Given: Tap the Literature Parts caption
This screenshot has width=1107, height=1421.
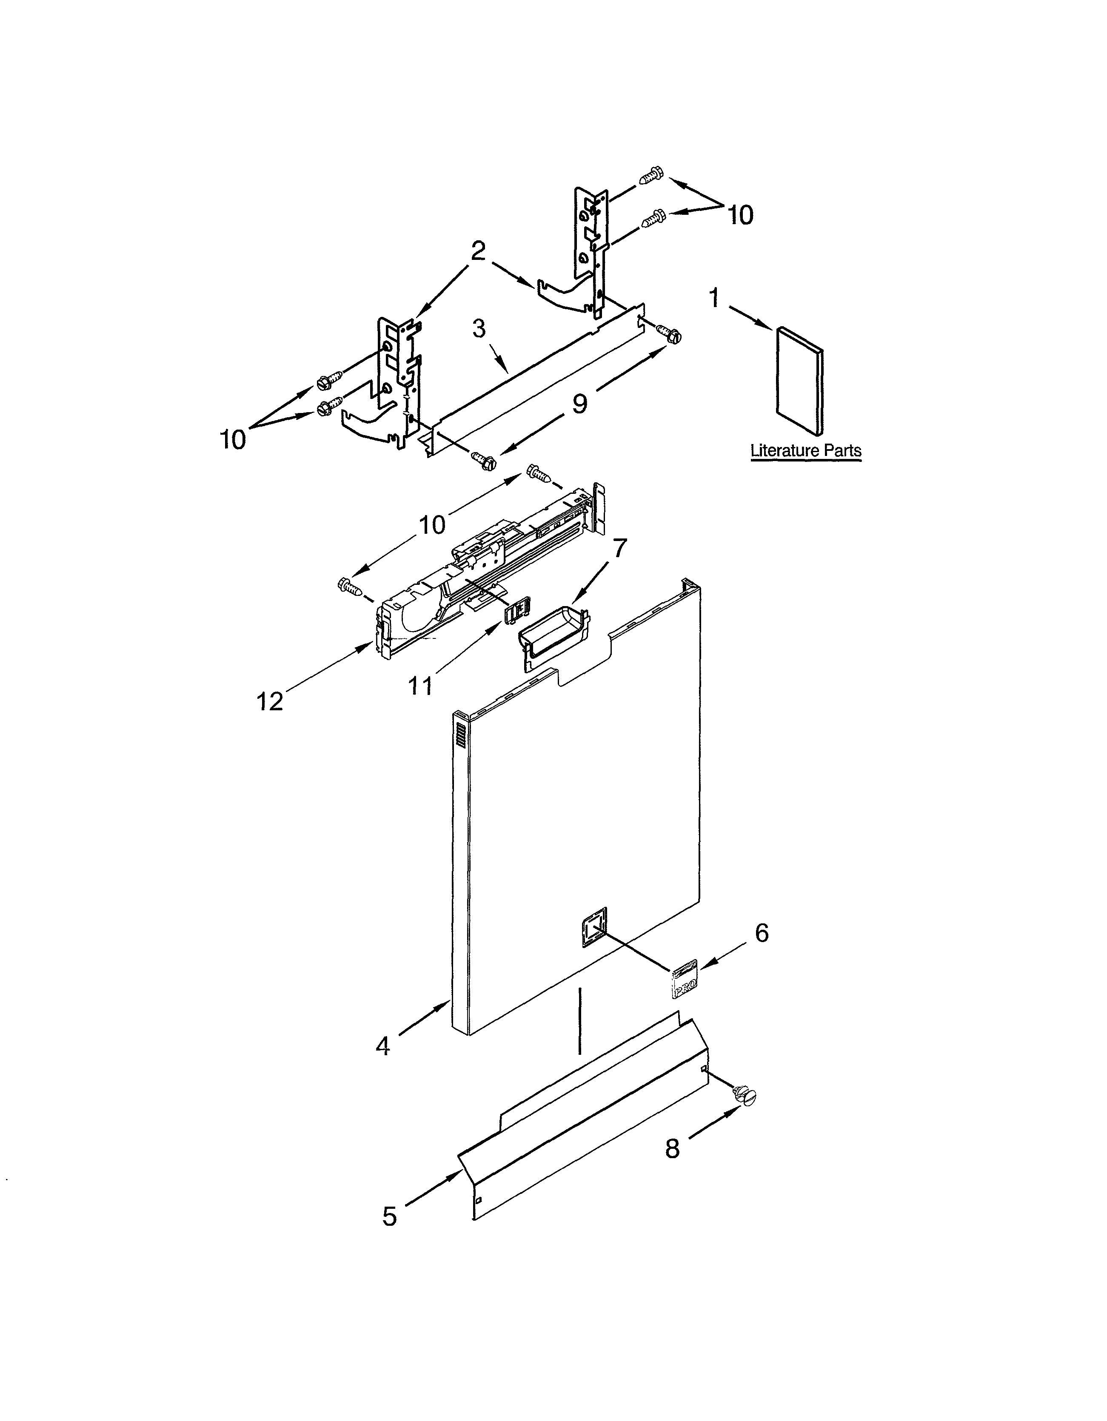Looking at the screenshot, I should (x=806, y=450).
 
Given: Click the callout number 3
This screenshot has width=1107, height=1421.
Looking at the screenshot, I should (x=479, y=329).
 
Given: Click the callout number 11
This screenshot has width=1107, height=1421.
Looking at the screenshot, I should (x=420, y=685).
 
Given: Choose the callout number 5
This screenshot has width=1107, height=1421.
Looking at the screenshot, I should (x=389, y=1216).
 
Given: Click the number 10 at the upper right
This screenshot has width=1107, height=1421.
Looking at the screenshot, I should (x=740, y=215).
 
